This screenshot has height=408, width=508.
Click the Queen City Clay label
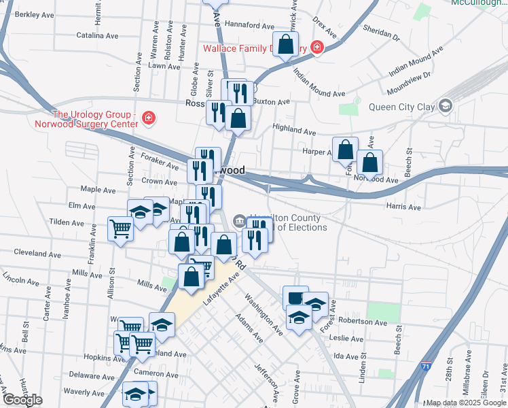[401, 106]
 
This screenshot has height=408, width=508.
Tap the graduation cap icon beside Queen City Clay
[445, 105]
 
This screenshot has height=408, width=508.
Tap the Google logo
[22, 400]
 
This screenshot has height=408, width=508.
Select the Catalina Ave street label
[97, 35]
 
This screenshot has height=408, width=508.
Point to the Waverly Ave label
[84, 392]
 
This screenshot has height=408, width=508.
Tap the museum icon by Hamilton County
[239, 220]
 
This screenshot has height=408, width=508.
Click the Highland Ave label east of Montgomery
[294, 128]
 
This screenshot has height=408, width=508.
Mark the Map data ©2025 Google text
[465, 403]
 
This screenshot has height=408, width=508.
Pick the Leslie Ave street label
[350, 338]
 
